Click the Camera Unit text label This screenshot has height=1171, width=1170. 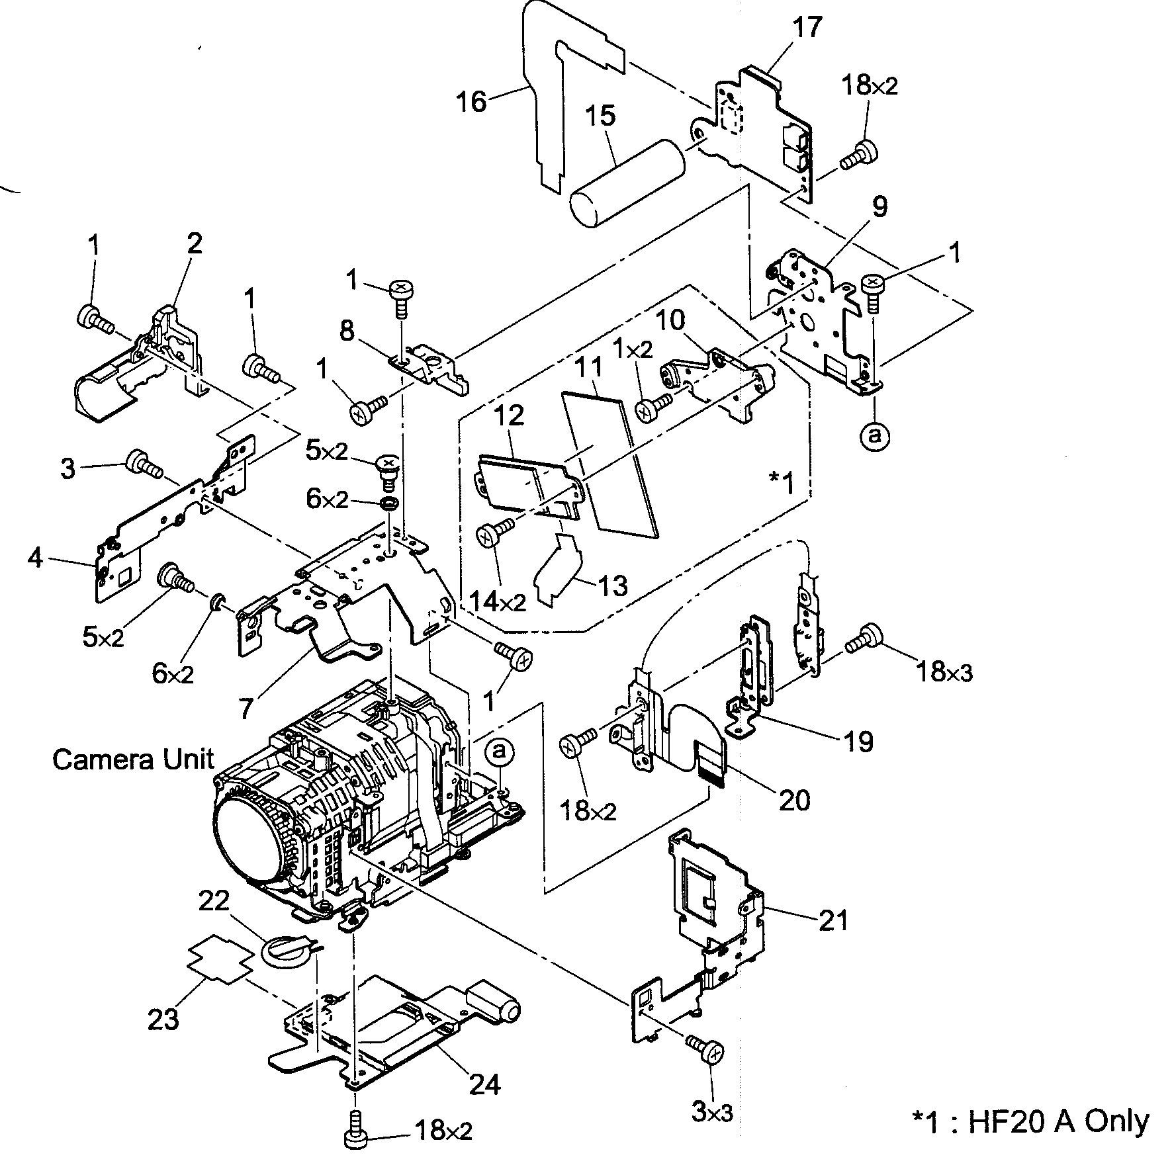[x=133, y=759]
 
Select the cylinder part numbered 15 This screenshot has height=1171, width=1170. [x=627, y=177]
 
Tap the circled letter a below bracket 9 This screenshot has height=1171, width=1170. [x=875, y=435]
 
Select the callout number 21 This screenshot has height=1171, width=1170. [x=833, y=920]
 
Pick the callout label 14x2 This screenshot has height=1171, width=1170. [x=497, y=601]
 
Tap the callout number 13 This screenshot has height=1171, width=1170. [x=612, y=585]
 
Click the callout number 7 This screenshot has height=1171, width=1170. [x=246, y=709]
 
